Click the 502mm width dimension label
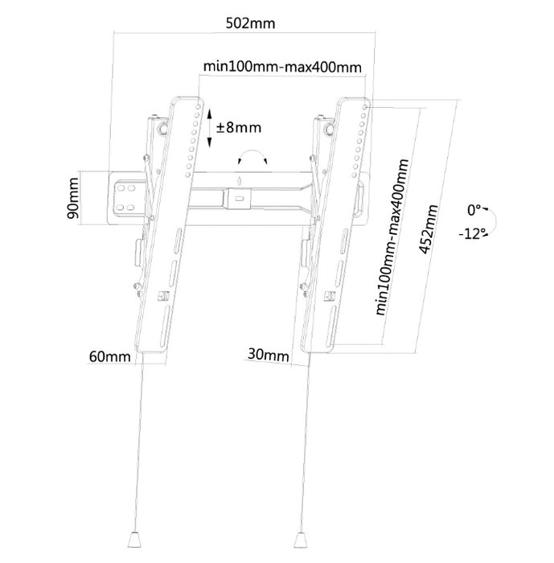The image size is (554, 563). point(250,23)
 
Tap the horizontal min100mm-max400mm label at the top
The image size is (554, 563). point(282,67)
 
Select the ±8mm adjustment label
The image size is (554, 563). point(239,127)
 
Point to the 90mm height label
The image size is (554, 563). point(72,198)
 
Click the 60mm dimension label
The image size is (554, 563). point(110,356)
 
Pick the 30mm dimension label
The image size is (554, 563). point(269,355)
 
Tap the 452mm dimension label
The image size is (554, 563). point(429,229)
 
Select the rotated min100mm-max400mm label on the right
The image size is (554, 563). point(392,237)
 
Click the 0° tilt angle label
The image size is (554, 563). point(474,210)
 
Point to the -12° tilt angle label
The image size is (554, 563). point(472,234)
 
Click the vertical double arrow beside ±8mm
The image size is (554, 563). point(209,128)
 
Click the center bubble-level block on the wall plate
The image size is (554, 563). point(237,199)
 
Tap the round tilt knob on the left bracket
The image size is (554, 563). point(162,128)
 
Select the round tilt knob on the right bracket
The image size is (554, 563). point(329,129)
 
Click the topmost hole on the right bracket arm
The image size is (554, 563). point(365,107)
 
